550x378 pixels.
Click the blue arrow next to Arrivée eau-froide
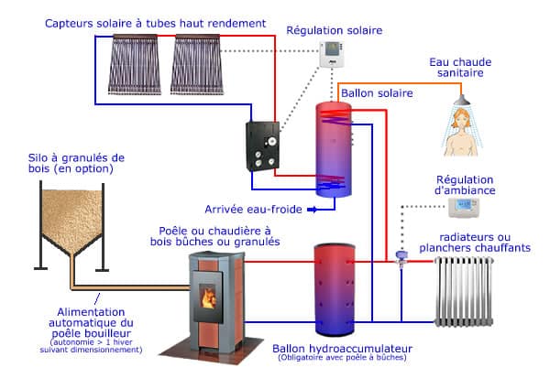coord(312,210)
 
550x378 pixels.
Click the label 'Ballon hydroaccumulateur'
coord(341,349)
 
